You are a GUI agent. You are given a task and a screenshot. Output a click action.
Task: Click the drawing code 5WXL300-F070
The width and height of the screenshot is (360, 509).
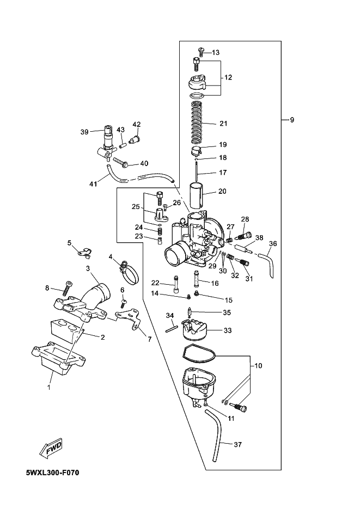(x=52, y=473)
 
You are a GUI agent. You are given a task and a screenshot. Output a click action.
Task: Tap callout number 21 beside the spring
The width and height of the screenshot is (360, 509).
(x=223, y=124)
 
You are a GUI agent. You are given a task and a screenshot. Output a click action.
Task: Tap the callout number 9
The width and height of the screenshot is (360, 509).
(x=292, y=120)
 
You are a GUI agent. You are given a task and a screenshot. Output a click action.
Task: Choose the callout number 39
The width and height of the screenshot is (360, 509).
(x=84, y=132)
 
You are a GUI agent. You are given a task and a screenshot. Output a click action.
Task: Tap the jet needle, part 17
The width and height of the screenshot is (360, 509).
(x=197, y=172)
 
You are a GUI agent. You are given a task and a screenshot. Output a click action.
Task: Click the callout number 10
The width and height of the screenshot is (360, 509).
(x=258, y=366)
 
